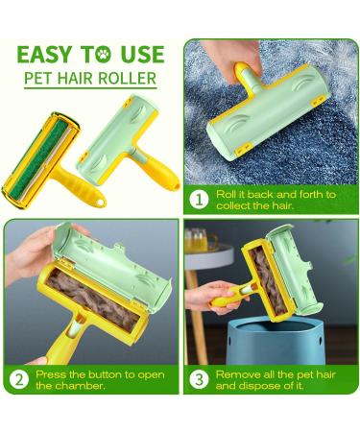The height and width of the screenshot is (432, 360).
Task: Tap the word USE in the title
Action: [x=144, y=55]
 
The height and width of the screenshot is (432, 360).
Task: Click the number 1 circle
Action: [x=201, y=200]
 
